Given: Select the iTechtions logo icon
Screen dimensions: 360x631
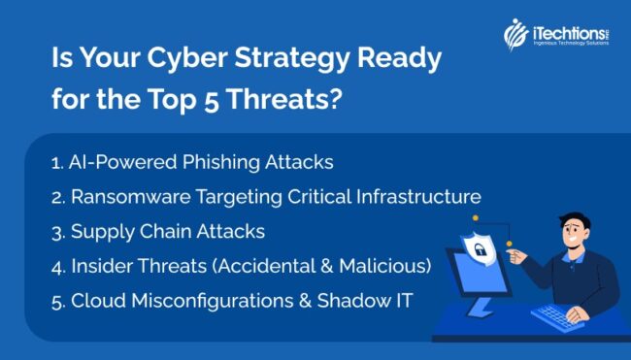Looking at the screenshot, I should [x=515, y=35].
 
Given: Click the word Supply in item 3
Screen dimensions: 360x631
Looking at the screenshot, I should [x=99, y=231].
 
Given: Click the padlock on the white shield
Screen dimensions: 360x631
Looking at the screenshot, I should [x=454, y=250].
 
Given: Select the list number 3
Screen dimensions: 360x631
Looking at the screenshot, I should [x=55, y=231].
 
